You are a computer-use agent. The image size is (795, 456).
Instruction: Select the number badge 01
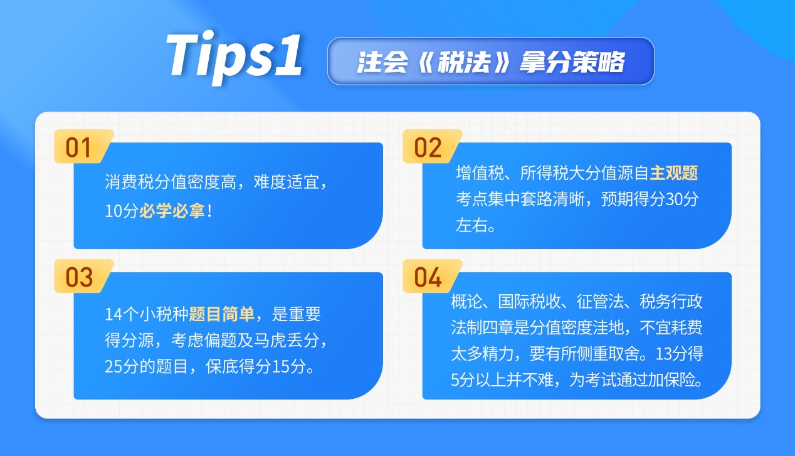point(80,148)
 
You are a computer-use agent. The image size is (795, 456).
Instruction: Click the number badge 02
point(428,148)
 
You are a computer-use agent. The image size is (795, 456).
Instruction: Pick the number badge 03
point(80,277)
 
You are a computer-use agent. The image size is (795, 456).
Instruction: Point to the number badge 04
point(428,277)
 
